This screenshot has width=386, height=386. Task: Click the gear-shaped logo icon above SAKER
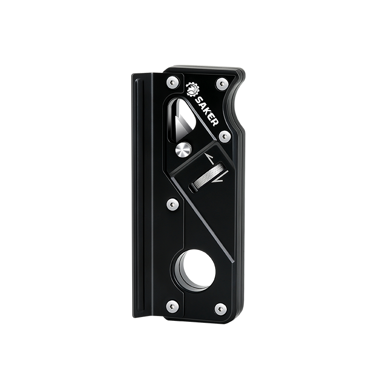192,89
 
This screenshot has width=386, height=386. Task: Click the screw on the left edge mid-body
171,205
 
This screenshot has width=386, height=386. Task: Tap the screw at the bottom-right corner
221,306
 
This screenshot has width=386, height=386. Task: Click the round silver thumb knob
183,150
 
